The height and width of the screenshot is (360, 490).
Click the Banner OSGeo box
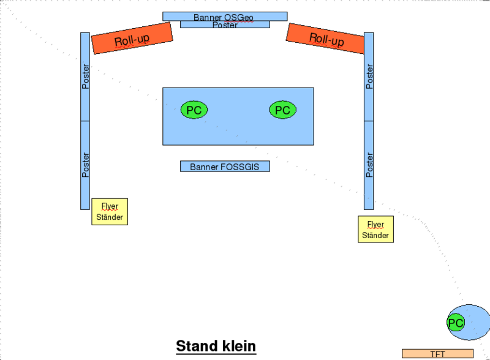coord(225,17)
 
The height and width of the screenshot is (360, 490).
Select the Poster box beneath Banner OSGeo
coord(225,24)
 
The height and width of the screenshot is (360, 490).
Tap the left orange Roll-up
coord(132,38)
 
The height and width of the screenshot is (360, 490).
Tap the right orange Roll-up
coord(325,38)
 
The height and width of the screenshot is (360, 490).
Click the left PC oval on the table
coord(194,110)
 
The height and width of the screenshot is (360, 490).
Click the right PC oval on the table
coord(283,110)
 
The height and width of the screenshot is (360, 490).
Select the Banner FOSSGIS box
coord(225,167)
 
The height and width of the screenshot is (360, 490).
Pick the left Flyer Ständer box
coord(110,212)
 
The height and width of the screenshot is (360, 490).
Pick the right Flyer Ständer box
coord(375,230)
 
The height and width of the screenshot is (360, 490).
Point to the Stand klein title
coord(216,347)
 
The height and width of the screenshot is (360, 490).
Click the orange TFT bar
coord(437,353)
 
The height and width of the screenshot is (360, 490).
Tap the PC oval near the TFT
coord(456,323)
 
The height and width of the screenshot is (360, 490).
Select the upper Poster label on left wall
coord(85,77)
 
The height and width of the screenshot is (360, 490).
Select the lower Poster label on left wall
coord(85,165)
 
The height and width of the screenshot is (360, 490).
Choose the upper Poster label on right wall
coord(369,77)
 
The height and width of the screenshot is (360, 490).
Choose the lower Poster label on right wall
coord(369,165)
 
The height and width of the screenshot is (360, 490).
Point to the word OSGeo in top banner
coord(238,18)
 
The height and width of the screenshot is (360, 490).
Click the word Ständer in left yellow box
coord(110,217)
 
